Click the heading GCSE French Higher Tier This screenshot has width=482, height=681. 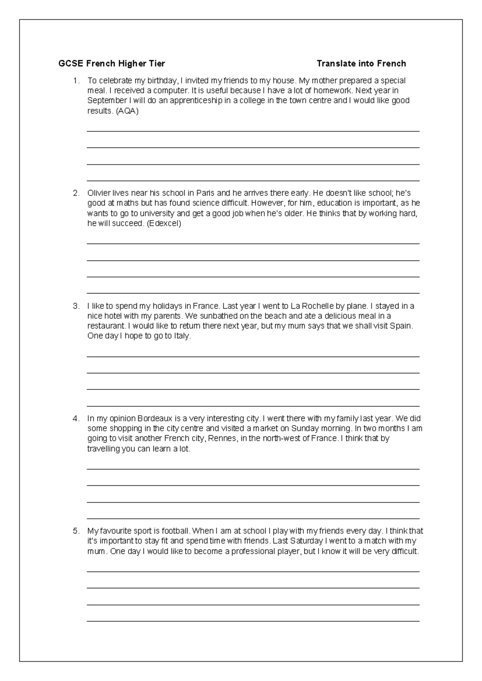tap(112, 63)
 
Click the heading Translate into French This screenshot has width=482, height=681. tap(361, 63)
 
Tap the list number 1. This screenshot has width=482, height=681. tap(76, 81)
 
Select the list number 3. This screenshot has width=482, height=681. tap(76, 306)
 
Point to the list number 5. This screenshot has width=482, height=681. tap(76, 531)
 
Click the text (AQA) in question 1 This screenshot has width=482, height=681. tap(127, 111)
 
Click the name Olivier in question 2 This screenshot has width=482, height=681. tap(99, 193)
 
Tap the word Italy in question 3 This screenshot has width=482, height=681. tap(182, 336)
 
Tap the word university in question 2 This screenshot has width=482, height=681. tap(152, 214)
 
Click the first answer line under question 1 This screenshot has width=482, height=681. tap(253, 130)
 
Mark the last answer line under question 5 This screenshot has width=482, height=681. tap(253, 621)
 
